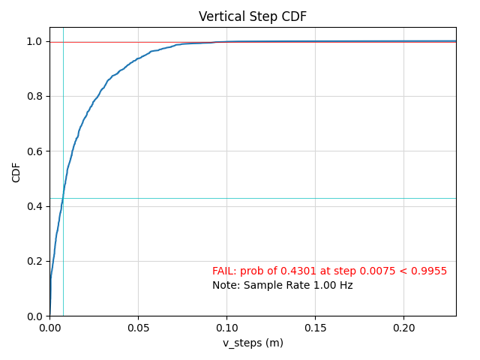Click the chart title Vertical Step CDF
[x=253, y=16]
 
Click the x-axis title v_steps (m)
[x=253, y=343]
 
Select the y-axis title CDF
[x=16, y=172]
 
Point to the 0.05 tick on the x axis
[x=138, y=328]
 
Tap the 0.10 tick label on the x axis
[x=226, y=328]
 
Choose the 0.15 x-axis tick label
[x=315, y=328]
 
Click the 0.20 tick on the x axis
[x=403, y=328]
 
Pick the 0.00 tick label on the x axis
[x=49, y=328]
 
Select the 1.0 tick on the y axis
[x=34, y=41]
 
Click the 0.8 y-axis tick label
[x=34, y=96]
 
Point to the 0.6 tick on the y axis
[x=34, y=151]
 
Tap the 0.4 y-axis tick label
[x=34, y=206]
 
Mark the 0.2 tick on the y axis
[x=34, y=261]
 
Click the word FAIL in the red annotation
[x=223, y=271]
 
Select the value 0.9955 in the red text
[x=431, y=271]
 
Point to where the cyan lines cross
[x=63, y=198]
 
